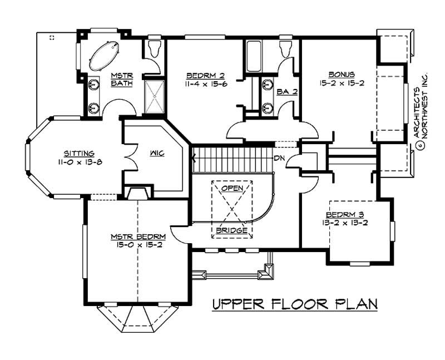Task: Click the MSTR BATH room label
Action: click(121, 80)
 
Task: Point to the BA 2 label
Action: click(287, 91)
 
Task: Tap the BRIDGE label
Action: click(231, 230)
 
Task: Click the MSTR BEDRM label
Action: click(136, 237)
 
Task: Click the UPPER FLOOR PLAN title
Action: click(295, 304)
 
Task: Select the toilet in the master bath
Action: click(154, 50)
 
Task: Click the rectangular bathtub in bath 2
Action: click(254, 56)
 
